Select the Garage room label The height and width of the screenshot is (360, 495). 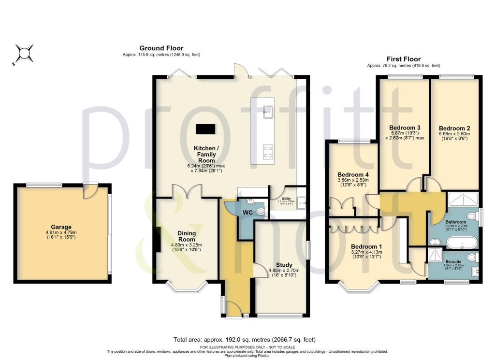61,227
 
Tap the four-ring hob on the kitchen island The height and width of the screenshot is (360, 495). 267,152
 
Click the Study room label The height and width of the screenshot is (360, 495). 284,264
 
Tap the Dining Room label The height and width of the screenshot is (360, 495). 186,236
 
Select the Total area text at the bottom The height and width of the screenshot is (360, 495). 244,339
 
